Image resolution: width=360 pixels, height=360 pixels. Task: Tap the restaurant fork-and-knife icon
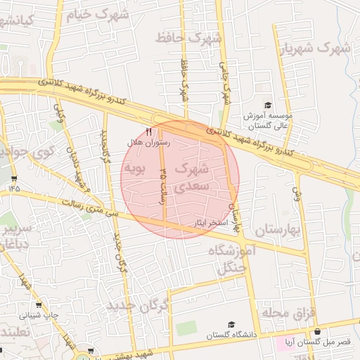pyautogui.click(x=148, y=131)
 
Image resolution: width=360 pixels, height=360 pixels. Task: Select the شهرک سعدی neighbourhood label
pyautogui.click(x=191, y=177)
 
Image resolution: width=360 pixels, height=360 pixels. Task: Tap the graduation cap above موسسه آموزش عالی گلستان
pyautogui.click(x=267, y=105)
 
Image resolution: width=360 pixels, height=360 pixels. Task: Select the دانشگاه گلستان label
pyautogui.click(x=230, y=335)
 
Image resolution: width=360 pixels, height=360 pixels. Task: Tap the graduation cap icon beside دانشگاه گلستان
pyautogui.click(x=231, y=324)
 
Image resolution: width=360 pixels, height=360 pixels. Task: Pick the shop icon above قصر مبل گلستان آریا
pyautogui.click(x=317, y=331)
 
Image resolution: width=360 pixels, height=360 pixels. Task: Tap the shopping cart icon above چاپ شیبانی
pyautogui.click(x=38, y=305)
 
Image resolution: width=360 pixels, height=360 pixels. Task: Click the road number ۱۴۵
pyautogui.click(x=15, y=188)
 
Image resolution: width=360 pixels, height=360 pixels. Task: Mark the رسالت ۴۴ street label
pyautogui.click(x=163, y=183)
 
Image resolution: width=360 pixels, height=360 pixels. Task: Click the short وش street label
pyautogui.click(x=296, y=191)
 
